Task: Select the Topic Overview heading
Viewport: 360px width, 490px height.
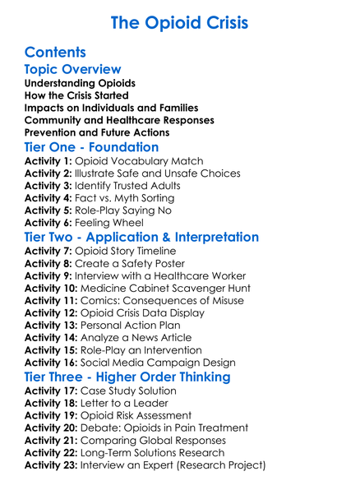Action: click(72, 70)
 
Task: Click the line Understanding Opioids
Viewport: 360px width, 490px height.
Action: click(80, 84)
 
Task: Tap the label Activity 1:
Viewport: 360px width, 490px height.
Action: click(48, 161)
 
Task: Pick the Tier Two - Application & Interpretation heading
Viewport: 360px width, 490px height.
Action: click(141, 238)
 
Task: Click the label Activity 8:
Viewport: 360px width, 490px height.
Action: click(48, 263)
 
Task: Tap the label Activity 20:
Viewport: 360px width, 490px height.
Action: click(52, 428)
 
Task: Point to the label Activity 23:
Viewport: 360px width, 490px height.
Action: click(52, 465)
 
